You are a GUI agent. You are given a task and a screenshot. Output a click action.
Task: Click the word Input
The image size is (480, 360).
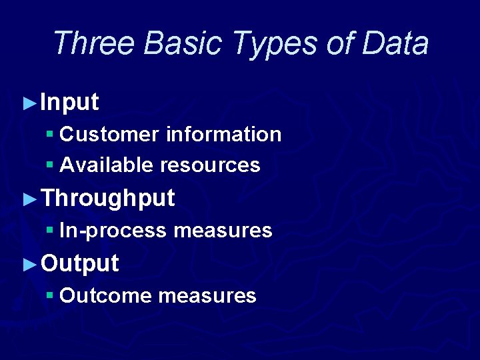[x=69, y=103]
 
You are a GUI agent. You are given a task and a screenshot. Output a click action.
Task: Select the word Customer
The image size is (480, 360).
[x=109, y=135]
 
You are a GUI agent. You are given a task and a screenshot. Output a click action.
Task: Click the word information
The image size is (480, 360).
[x=223, y=135]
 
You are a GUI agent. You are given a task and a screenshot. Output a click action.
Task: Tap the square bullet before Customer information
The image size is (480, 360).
[x=50, y=134]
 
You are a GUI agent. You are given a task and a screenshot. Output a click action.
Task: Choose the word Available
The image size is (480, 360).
[x=107, y=165]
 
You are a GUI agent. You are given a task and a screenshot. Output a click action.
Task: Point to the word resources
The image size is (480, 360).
[x=210, y=165]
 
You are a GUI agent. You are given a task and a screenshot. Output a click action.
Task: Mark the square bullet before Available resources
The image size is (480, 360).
[x=50, y=164]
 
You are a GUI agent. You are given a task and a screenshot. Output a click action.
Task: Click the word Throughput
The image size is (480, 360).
[x=107, y=199]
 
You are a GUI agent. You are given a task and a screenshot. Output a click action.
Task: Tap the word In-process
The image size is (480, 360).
[x=113, y=231]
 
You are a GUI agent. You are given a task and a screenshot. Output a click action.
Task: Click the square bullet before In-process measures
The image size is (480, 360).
[x=50, y=230]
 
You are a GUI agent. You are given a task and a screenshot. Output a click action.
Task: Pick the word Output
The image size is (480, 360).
[x=79, y=263]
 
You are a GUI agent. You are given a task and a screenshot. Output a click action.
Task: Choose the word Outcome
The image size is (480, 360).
[x=106, y=295]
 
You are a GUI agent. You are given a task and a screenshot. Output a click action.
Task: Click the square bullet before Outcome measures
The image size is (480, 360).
[x=50, y=295]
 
